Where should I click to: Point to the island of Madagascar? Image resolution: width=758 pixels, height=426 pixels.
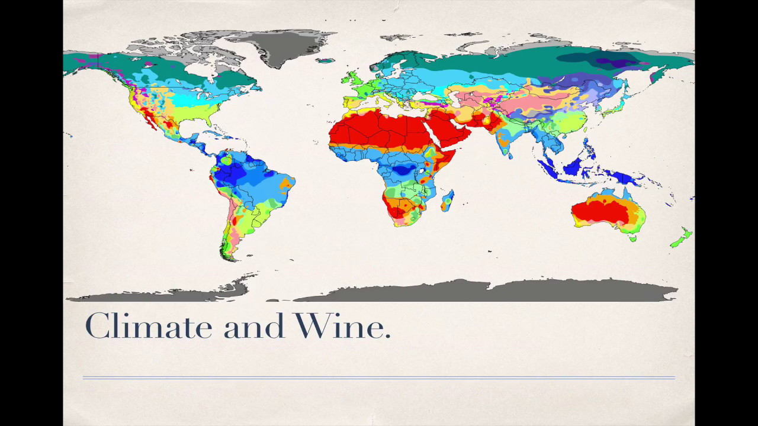pyautogui.click(x=447, y=200)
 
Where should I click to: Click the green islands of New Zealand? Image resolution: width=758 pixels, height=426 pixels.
pyautogui.click(x=681, y=237)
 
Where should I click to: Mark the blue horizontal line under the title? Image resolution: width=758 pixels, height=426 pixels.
pyautogui.click(x=379, y=377)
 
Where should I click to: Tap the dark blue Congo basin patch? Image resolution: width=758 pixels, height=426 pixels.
pyautogui.click(x=403, y=170)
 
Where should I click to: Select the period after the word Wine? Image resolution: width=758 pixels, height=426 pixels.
pyautogui.click(x=387, y=336)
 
